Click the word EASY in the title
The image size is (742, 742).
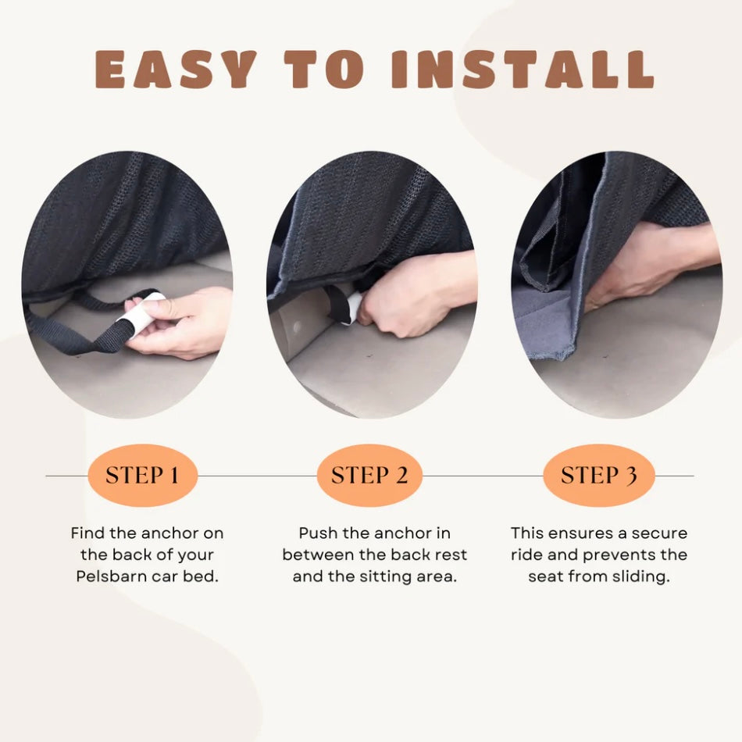pyautogui.click(x=176, y=70)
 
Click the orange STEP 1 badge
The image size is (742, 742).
pyautogui.click(x=142, y=475)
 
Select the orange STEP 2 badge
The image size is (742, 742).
pyautogui.click(x=369, y=475)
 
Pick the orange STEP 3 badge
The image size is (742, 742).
pyautogui.click(x=598, y=475)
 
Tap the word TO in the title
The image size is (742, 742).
pyautogui.click(x=336, y=70)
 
